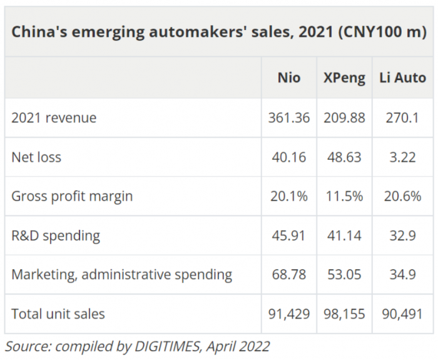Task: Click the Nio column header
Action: pos(288,78)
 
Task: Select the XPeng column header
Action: pos(344,78)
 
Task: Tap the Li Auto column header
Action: pos(402,78)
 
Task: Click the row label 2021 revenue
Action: pos(54,118)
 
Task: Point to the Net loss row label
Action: pos(36,157)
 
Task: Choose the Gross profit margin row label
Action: pos(72,196)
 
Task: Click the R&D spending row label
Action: pos(56,235)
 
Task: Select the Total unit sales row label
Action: pos(58,314)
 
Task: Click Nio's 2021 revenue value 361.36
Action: pos(288,118)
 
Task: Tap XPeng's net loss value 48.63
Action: pos(344,157)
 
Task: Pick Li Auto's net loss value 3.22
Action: pos(402,157)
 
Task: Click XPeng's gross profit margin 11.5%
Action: pos(344,196)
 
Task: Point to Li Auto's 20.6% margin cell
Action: pos(402,196)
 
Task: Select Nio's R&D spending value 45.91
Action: pos(288,235)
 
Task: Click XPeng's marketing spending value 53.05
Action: pos(344,274)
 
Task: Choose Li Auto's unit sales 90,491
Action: pos(402,314)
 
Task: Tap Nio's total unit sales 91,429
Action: pos(288,314)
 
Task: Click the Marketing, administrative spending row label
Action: pos(121,274)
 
